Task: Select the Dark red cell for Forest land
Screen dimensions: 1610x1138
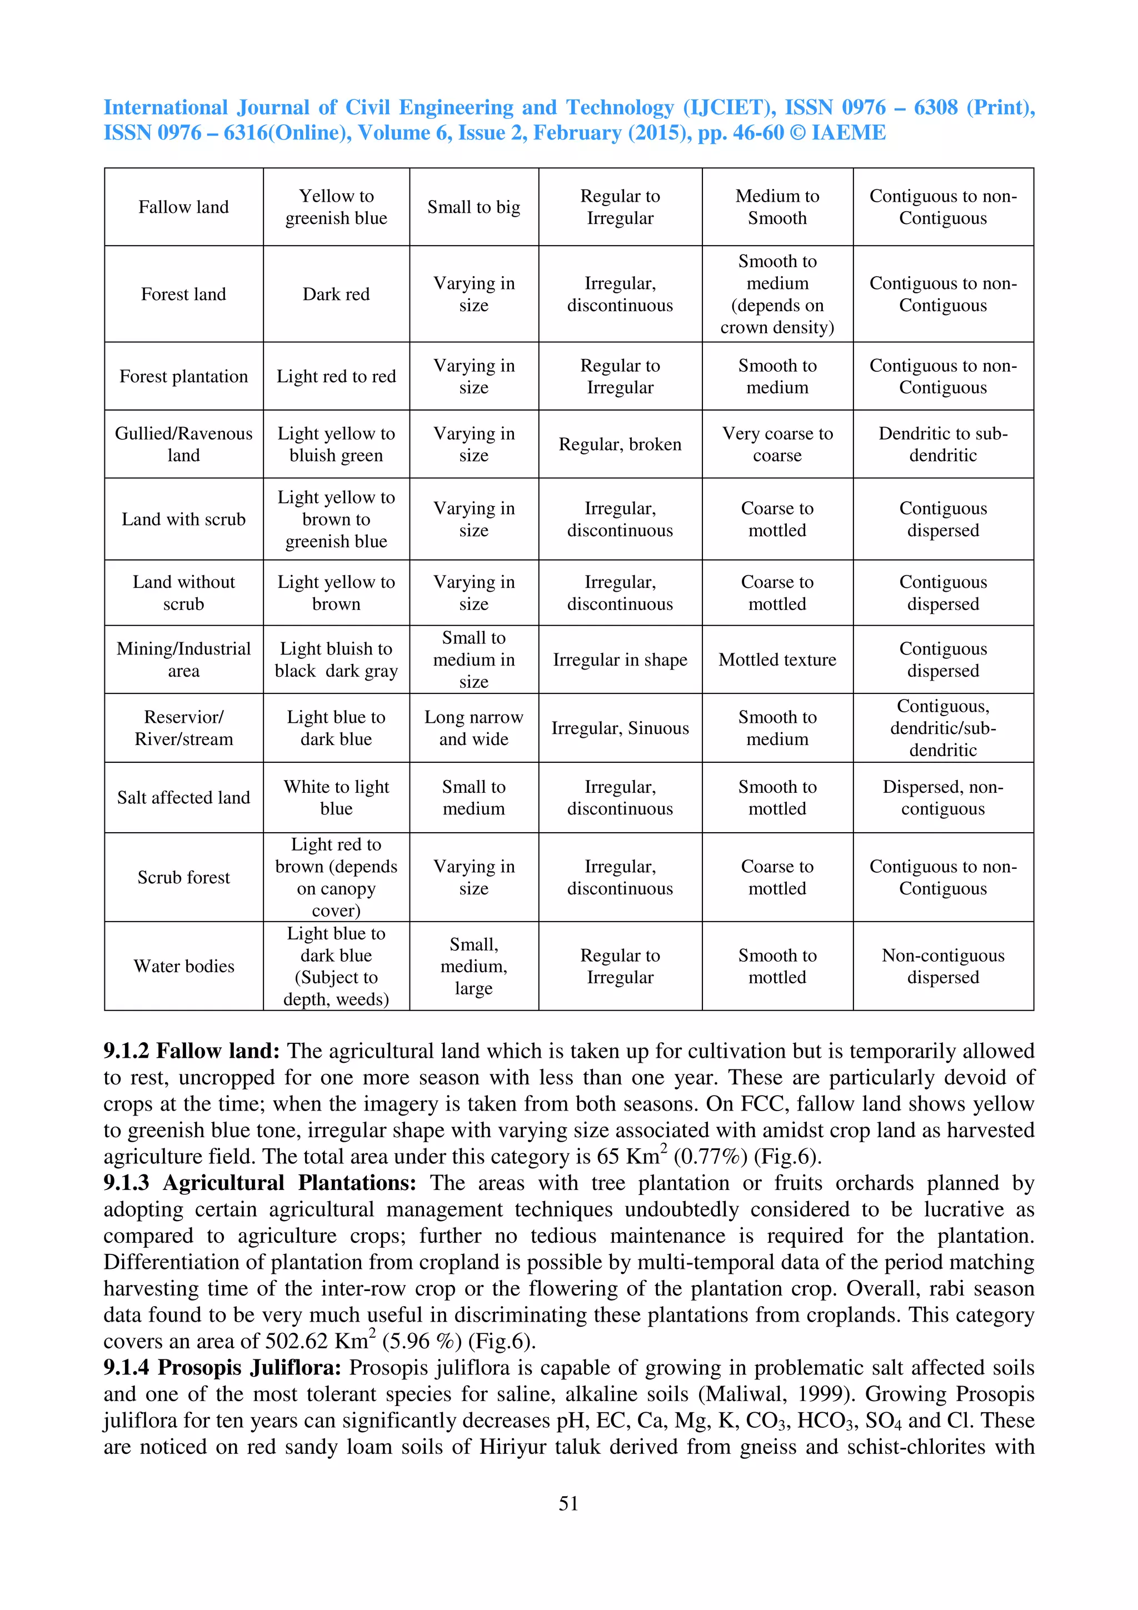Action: [x=336, y=294]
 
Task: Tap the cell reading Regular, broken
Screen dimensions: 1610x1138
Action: [x=620, y=444]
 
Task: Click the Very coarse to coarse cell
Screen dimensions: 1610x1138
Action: [x=777, y=444]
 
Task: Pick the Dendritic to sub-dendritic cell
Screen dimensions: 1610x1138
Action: [x=942, y=444]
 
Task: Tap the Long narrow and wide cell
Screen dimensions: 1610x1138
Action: [x=473, y=727]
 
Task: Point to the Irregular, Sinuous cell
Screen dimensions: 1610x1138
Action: [x=620, y=728]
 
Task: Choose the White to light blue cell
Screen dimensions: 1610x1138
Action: [x=336, y=797]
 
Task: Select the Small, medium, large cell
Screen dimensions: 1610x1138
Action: [x=473, y=966]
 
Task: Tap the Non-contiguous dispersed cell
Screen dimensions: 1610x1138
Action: [x=942, y=966]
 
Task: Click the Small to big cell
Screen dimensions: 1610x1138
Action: [x=473, y=207]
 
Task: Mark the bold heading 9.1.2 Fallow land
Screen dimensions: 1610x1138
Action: [x=191, y=1051]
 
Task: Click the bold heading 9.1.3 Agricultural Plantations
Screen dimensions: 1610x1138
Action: [x=259, y=1183]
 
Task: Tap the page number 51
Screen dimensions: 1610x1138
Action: [x=568, y=1503]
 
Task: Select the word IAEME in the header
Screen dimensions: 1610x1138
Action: [x=848, y=133]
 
